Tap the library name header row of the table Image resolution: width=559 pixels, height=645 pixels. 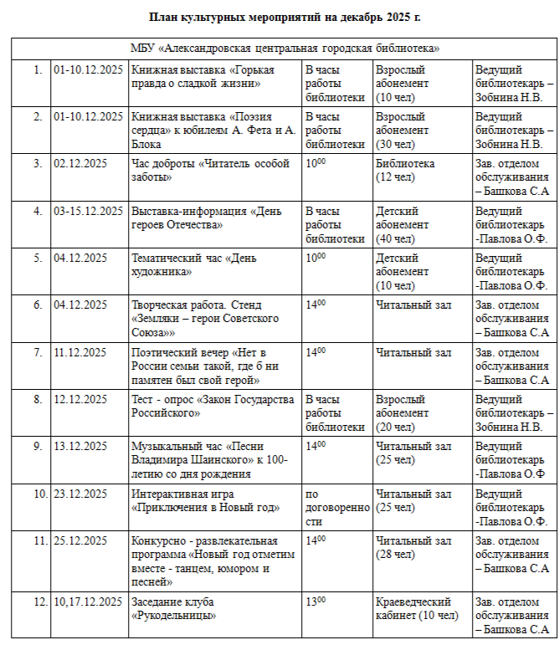[x=285, y=49]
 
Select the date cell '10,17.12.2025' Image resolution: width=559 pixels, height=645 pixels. [x=88, y=601]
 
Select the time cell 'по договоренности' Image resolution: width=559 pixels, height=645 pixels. [x=336, y=507]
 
